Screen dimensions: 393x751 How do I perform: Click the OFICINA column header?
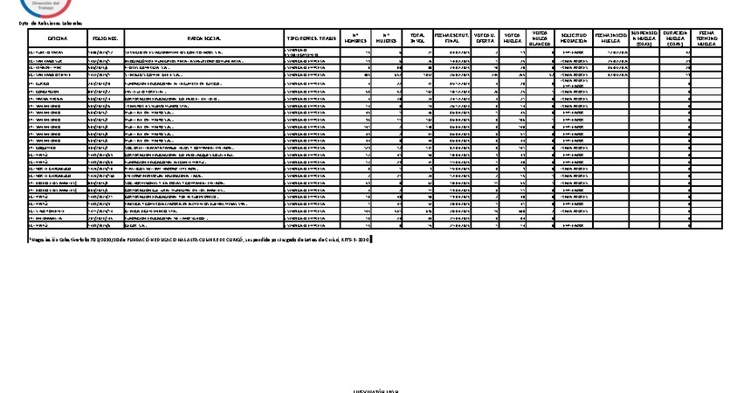pos(58,39)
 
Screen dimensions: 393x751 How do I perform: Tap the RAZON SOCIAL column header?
pos(203,39)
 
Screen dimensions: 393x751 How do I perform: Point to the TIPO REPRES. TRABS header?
pos(312,39)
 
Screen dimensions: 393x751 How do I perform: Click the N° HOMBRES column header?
pos(354,39)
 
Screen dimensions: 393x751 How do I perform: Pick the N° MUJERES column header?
pos(387,39)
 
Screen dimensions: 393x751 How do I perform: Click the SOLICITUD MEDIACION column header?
pos(573,39)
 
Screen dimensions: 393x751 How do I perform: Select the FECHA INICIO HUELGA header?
pos(609,39)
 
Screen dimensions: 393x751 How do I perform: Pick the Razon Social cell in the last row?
pos(203,224)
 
